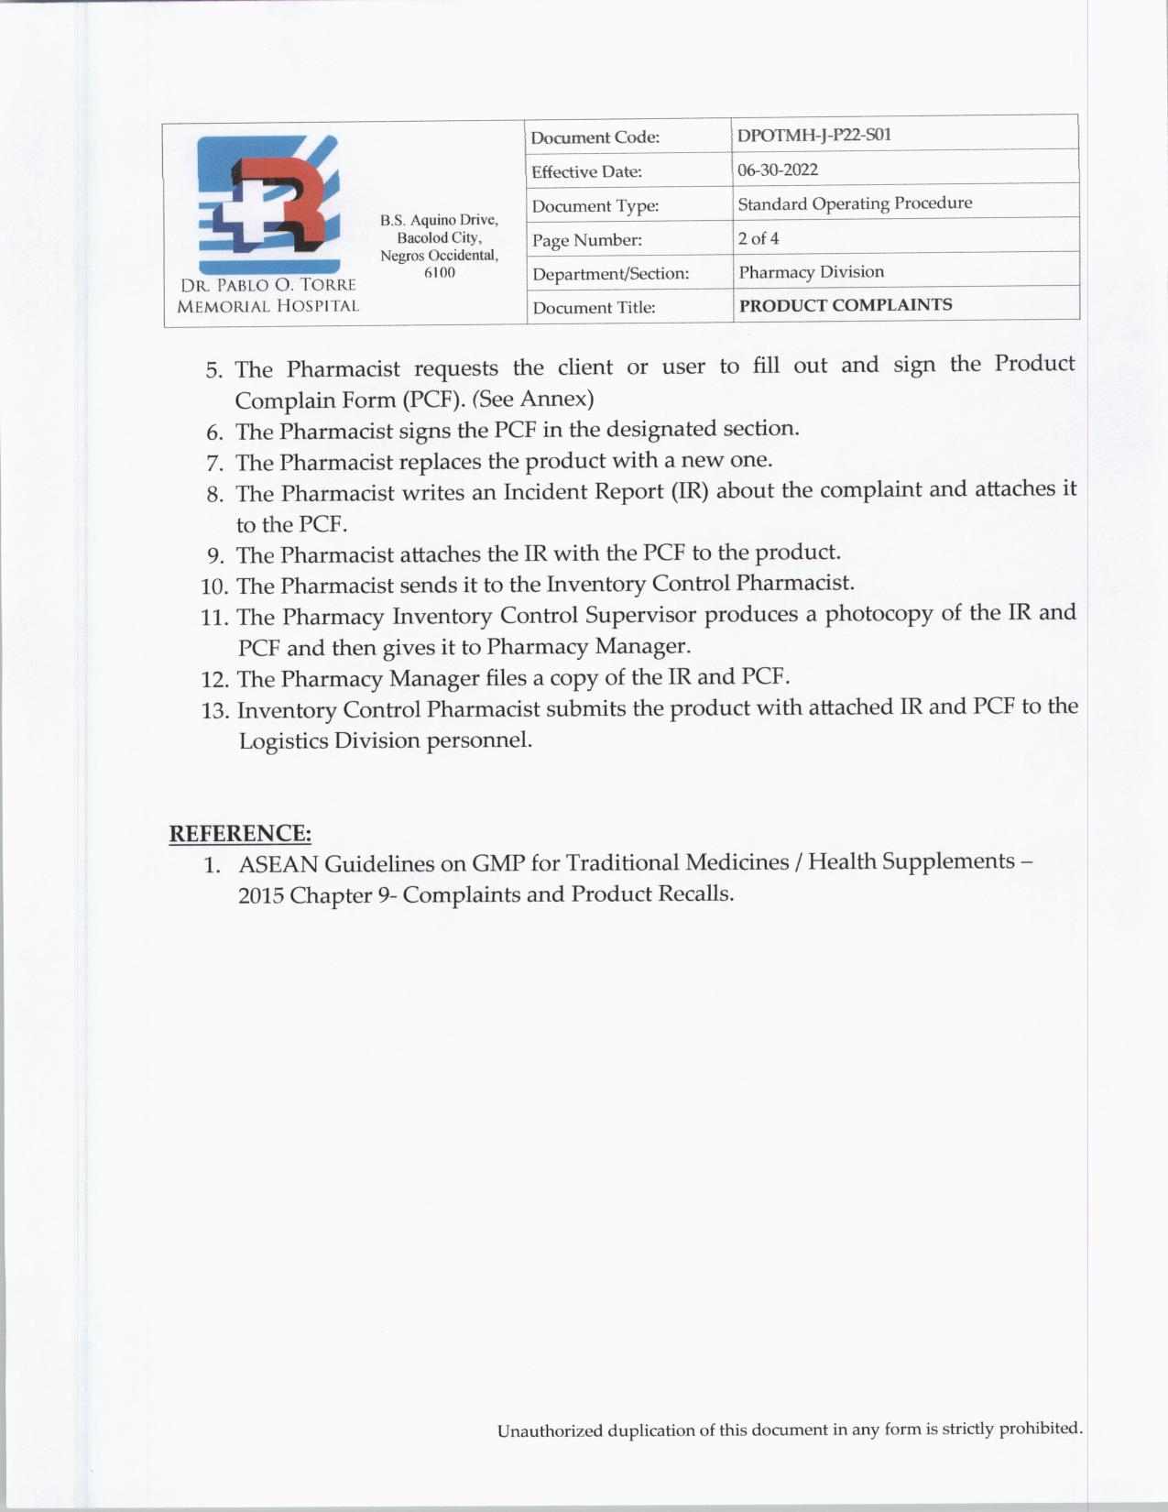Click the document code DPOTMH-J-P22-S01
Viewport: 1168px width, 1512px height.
813,135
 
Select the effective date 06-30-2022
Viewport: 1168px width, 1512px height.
778,170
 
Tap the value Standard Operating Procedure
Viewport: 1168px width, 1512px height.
855,203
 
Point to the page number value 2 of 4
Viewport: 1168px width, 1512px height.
759,238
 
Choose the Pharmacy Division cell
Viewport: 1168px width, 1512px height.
811,272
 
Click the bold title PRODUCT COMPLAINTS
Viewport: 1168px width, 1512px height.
845,305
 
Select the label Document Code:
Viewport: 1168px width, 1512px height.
595,137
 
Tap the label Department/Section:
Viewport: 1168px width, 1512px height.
610,274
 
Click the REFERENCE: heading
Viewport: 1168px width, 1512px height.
240,834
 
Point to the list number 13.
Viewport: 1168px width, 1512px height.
214,711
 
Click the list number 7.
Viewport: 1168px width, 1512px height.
215,463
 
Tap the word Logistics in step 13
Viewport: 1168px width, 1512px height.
282,740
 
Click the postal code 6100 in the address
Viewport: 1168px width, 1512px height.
439,272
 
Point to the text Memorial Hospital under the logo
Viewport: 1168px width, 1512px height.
267,306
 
